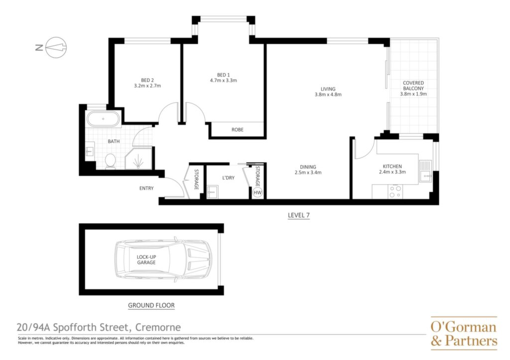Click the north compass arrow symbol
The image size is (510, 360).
coord(56,47)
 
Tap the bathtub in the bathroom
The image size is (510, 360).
coord(103,119)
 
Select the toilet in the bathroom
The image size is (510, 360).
coord(110,161)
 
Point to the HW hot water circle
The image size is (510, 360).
coord(257,193)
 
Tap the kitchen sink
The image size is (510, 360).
coord(425,171)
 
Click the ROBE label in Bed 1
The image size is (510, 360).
coord(238,129)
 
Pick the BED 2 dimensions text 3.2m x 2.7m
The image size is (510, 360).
coord(147,86)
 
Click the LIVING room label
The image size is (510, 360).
coord(328,89)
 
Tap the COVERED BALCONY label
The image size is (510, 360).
coord(413,86)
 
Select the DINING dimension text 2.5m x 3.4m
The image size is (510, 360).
coord(308,172)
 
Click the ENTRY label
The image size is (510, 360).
coord(146,188)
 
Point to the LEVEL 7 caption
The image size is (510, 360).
coord(299,215)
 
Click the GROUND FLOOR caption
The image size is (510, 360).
coord(151,305)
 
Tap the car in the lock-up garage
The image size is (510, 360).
coord(162,259)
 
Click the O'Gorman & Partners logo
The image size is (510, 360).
coord(464,333)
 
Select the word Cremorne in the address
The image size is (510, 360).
coord(158,327)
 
